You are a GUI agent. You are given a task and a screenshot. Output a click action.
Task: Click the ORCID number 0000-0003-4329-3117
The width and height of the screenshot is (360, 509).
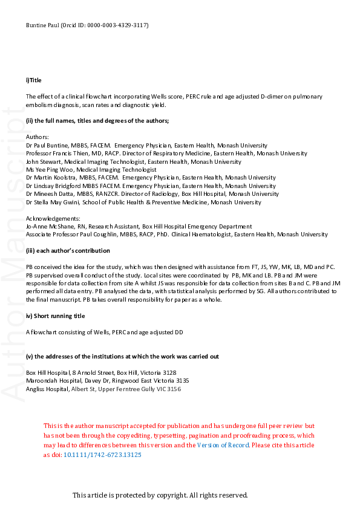coord(119,25)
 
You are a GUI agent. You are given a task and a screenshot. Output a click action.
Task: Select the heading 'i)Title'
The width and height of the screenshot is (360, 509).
coord(34,80)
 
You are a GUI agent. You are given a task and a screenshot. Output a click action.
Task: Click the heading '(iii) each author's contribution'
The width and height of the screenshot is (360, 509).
coord(68,250)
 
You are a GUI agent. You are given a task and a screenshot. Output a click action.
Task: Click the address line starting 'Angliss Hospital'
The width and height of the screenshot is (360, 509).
coord(103,389)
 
